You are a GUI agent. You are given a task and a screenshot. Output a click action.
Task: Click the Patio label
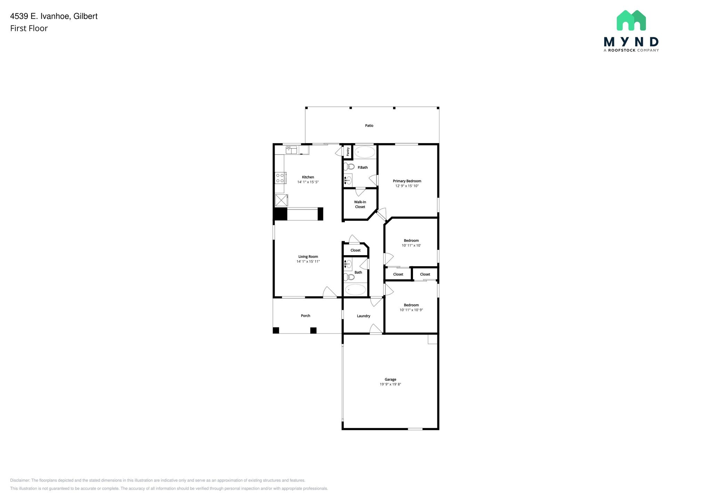click(369, 126)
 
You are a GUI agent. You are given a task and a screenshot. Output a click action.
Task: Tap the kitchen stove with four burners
click(280, 178)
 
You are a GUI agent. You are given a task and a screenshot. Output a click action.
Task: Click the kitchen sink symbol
click(292, 150)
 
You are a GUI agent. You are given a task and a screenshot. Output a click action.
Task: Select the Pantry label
click(348, 152)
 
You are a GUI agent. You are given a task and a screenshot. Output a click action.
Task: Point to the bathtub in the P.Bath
click(365, 152)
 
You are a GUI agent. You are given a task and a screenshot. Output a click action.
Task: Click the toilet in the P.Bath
click(349, 166)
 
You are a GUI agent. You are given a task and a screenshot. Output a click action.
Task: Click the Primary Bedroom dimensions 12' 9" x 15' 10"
click(407, 186)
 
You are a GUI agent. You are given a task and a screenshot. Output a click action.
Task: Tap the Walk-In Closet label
click(360, 204)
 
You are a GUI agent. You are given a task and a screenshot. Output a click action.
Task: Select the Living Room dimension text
click(308, 261)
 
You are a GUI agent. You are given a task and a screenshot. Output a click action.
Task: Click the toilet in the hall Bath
click(349, 277)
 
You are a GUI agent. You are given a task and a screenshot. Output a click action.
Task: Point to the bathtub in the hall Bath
click(355, 290)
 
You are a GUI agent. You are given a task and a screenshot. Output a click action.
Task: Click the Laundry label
click(363, 316)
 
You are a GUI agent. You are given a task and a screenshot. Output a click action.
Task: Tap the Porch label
click(305, 316)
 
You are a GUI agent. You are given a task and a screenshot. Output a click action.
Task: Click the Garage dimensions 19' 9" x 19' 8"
click(390, 384)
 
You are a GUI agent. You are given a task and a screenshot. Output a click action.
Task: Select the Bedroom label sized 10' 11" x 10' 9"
click(411, 305)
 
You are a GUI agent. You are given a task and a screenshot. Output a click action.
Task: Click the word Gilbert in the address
click(85, 16)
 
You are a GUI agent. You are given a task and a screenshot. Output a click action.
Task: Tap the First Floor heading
click(29, 29)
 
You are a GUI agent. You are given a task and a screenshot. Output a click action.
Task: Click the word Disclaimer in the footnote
click(20, 480)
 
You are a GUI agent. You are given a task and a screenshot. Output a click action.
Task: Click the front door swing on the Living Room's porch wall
click(329, 292)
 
